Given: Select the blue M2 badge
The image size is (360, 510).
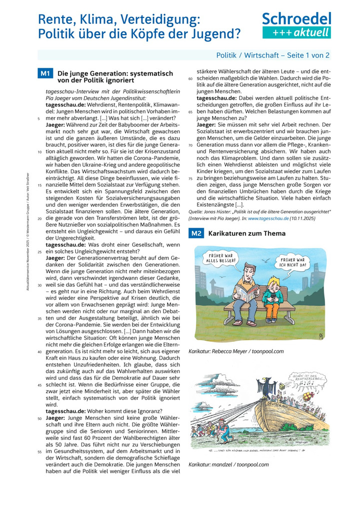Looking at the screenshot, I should (195, 233).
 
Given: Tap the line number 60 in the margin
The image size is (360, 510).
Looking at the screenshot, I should (190, 79).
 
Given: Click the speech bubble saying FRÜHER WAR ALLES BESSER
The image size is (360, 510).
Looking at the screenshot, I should (219, 259).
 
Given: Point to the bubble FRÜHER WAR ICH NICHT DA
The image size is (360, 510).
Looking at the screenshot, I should (294, 262).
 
